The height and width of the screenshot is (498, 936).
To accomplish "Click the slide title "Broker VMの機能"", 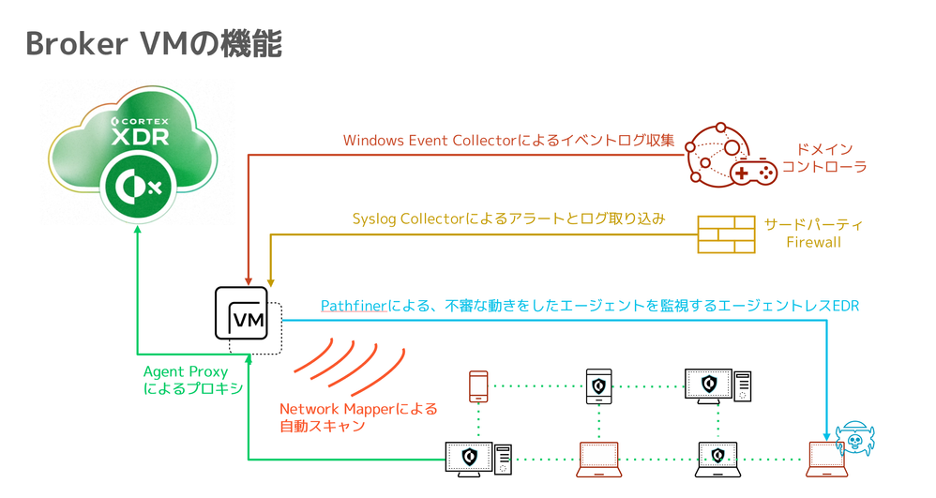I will click(x=154, y=43).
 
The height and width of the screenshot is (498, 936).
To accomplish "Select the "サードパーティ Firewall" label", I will click(x=813, y=234).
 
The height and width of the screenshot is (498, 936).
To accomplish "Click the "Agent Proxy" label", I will click(x=185, y=372).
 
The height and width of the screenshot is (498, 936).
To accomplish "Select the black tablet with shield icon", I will click(x=599, y=385).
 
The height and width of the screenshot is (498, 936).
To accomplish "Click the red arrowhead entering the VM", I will click(x=248, y=280).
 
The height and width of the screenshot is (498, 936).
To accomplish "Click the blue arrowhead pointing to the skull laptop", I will click(x=826, y=434).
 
